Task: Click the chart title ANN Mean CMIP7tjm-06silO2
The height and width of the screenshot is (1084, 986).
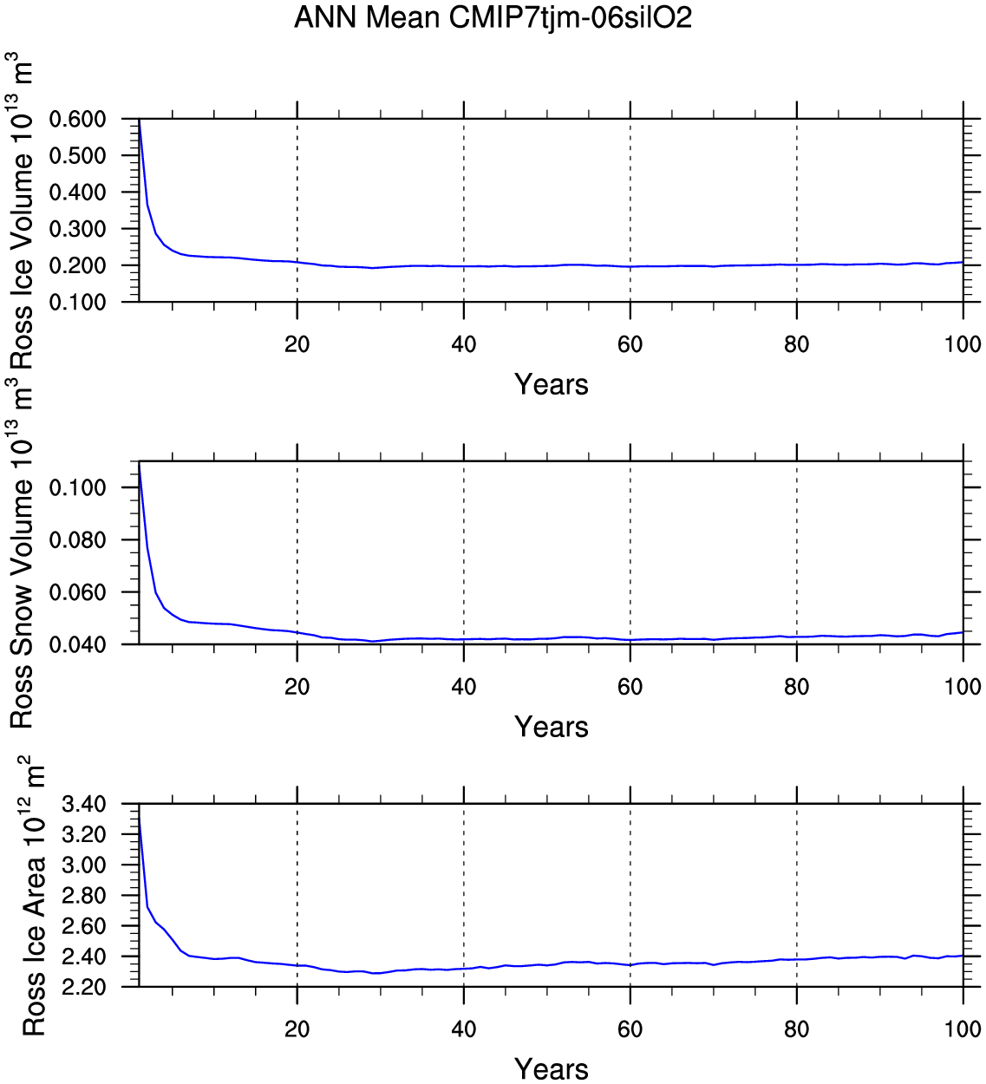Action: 493,17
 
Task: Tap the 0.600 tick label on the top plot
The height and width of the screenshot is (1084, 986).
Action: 77,119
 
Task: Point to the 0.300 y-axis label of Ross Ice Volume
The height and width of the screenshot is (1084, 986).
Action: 77,229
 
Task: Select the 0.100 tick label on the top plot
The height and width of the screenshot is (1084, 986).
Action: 77,302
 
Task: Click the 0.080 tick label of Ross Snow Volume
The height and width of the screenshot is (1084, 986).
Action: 77,540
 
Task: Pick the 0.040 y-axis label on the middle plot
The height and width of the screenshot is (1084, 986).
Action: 77,644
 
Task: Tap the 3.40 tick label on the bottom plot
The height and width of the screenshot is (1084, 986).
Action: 84,805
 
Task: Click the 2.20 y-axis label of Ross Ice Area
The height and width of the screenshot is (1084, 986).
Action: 84,987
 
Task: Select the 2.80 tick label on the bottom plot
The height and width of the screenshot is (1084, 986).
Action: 84,895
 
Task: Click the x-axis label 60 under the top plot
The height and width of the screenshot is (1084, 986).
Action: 630,344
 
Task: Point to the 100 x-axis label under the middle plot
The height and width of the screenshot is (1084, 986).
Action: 963,687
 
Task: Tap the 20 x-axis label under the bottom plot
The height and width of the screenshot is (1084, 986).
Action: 297,1029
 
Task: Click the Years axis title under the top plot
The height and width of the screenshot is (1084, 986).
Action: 552,384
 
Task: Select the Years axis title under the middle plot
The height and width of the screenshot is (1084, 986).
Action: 552,727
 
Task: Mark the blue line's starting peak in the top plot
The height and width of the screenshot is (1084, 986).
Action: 140,121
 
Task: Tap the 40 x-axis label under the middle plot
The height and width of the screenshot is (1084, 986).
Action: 464,687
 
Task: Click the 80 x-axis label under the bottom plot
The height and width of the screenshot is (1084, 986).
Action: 797,1029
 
